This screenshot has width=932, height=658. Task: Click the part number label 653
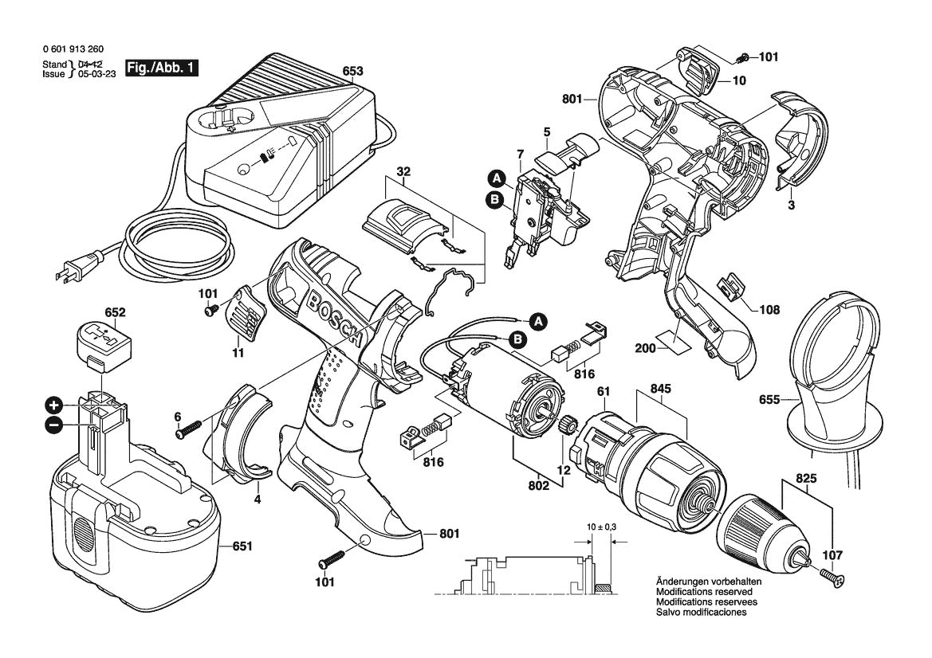click(352, 69)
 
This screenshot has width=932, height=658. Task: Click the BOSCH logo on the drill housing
click(334, 319)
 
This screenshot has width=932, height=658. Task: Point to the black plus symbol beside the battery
click(54, 404)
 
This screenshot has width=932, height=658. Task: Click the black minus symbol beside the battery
click(54, 425)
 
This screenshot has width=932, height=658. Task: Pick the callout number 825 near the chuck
click(805, 480)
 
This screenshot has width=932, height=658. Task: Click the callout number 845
click(661, 390)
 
